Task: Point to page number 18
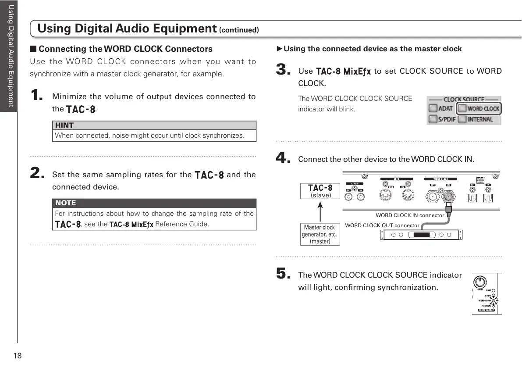(18, 356)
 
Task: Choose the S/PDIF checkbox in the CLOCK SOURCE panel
(433, 119)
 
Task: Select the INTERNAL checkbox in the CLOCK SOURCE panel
(462, 119)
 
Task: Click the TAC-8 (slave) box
(320, 191)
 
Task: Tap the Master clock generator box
(320, 234)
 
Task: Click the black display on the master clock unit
(422, 235)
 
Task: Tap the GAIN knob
(481, 281)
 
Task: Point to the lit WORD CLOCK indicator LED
(494, 300)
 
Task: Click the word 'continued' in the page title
(239, 31)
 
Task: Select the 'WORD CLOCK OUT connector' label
(382, 225)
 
